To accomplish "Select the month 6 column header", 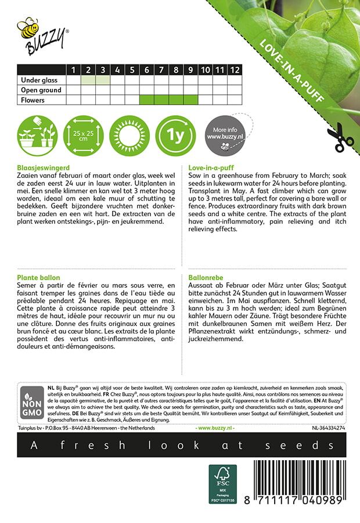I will coord(147,70).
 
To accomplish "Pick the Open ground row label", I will coord(41,90).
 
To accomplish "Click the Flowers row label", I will coord(33,100).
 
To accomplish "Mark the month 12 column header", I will coord(234,70).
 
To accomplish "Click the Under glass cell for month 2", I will coord(88,80).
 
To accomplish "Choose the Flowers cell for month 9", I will coord(190,100).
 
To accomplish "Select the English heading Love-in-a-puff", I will coord(211,167).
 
